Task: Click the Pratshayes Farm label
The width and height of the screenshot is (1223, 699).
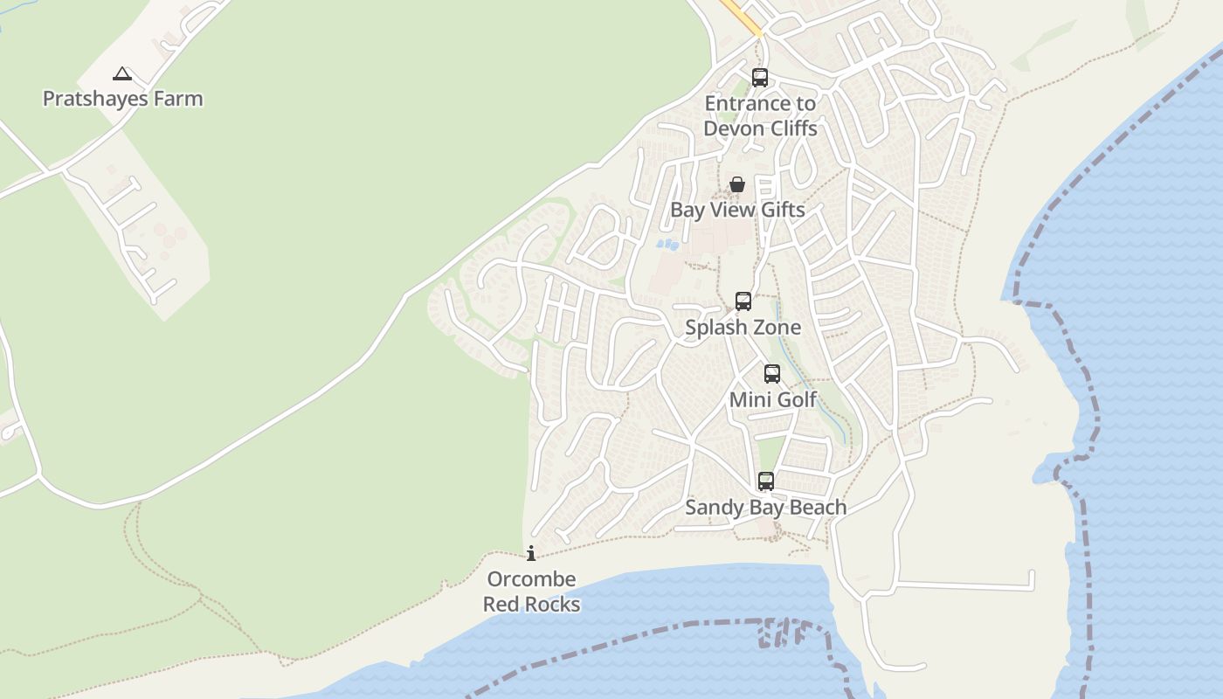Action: click(x=122, y=99)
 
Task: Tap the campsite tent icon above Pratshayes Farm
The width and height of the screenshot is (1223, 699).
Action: click(x=122, y=74)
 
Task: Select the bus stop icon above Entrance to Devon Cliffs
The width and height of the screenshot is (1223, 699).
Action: click(x=760, y=78)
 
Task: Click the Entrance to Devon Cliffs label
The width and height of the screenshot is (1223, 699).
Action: click(x=760, y=115)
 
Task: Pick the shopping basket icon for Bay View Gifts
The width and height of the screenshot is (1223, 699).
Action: click(x=737, y=184)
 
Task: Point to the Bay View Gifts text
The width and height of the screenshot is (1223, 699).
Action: click(x=737, y=210)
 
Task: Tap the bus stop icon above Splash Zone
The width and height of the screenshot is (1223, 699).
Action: click(x=743, y=301)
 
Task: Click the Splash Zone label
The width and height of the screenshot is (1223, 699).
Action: click(x=743, y=328)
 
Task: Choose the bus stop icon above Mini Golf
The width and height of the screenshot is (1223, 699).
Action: click(x=772, y=374)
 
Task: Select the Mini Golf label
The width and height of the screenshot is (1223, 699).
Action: click(x=773, y=399)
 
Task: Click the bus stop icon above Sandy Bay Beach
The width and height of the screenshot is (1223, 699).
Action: click(x=766, y=481)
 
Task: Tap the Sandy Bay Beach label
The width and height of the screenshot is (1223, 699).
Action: click(x=765, y=507)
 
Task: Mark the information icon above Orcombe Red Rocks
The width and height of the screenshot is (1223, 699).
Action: click(x=531, y=553)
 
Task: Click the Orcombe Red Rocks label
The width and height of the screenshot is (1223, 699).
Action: click(x=531, y=592)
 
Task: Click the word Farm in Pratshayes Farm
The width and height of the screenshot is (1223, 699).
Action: click(x=178, y=99)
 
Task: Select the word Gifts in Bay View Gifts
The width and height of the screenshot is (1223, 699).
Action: click(x=781, y=210)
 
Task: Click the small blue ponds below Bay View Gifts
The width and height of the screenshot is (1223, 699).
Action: click(x=667, y=245)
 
